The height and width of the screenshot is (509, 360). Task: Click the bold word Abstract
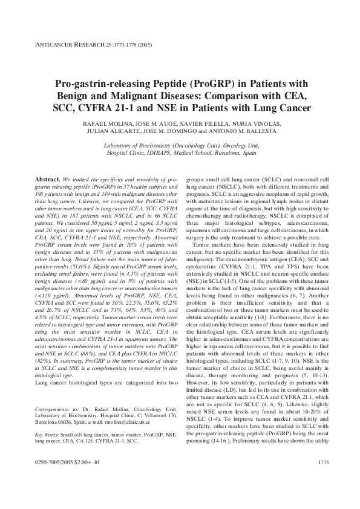pos(47,180)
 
